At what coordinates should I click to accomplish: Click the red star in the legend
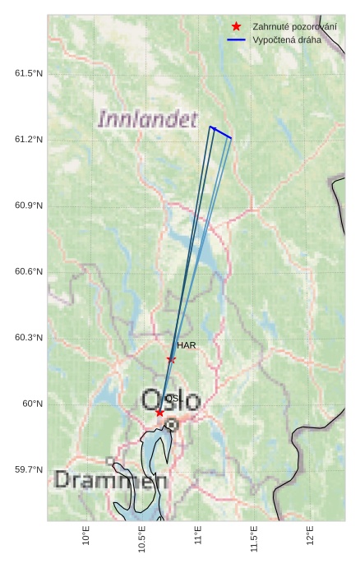point(236,27)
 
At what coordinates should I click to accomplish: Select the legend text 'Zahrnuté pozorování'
point(294,27)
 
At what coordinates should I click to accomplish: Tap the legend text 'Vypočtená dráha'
point(287,39)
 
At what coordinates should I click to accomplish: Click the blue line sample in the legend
point(236,39)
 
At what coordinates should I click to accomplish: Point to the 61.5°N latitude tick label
point(29,74)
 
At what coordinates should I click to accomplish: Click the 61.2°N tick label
point(29,140)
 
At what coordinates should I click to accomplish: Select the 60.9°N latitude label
point(29,205)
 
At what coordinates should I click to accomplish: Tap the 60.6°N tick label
point(29,272)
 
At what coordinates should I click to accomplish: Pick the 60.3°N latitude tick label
point(29,338)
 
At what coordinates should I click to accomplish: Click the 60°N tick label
point(32,404)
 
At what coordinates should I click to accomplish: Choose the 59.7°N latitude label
point(29,469)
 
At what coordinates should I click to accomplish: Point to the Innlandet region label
point(148,119)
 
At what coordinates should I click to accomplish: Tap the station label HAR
point(187,345)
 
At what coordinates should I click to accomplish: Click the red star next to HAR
point(171,359)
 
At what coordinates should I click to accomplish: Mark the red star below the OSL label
point(159,412)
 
